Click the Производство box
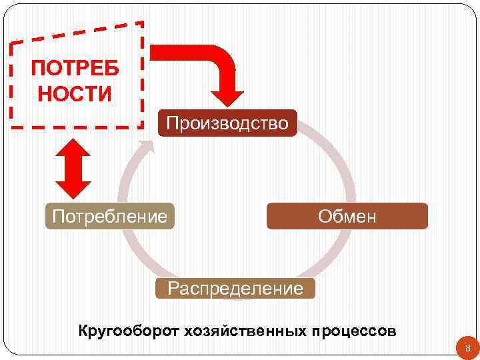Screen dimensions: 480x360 pyautogui.click(x=227, y=123)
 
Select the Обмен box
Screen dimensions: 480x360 pyautogui.click(x=347, y=216)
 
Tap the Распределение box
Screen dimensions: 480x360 pyautogui.click(x=235, y=289)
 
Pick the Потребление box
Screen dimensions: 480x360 pyautogui.click(x=109, y=216)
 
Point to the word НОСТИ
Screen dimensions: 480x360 pyautogui.click(x=75, y=94)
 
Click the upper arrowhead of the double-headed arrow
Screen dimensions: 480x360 pyautogui.click(x=73, y=142)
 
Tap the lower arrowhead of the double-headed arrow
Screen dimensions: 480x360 pyautogui.click(x=73, y=185)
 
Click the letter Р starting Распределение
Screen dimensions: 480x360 pyautogui.click(x=173, y=289)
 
